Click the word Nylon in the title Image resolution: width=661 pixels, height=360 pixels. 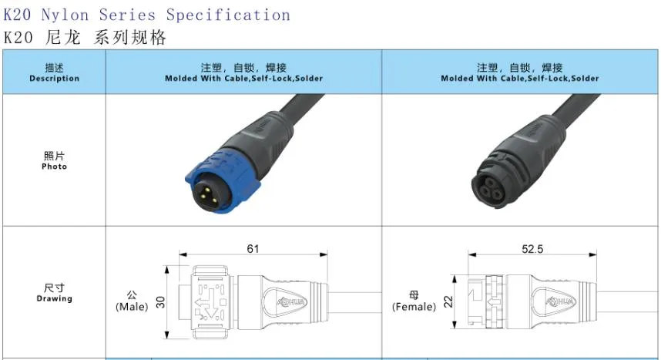[65, 15]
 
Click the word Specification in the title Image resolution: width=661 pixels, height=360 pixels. [228, 15]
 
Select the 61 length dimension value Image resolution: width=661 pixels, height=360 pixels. [253, 249]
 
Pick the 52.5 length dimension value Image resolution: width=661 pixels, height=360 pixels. [532, 249]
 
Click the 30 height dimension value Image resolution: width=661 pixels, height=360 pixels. [160, 302]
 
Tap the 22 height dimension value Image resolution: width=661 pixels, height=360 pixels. [448, 301]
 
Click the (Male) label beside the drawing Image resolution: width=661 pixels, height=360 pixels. [132, 306]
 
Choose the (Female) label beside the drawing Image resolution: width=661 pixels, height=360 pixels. [414, 306]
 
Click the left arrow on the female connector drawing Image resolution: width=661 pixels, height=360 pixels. [494, 302]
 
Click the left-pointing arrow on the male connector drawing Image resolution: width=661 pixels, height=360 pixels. [203, 303]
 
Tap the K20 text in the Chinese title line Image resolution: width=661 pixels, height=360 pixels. [18, 38]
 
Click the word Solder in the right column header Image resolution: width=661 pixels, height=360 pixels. [585, 79]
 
